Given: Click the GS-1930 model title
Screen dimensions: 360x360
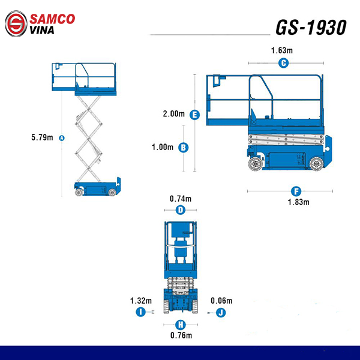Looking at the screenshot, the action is click(311, 28).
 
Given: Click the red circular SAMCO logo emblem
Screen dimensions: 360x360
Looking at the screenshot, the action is click(16, 23).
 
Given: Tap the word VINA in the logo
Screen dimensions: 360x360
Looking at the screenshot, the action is click(42, 30).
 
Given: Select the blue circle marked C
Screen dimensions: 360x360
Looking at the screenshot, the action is click(284, 63).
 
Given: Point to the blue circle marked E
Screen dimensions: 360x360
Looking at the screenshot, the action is click(194, 115).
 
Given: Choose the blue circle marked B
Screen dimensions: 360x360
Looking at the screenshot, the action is click(184, 148).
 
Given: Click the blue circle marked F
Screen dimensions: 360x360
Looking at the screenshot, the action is click(296, 191).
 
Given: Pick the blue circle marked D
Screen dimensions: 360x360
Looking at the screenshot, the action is click(181, 210).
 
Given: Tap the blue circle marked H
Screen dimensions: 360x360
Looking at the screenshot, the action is click(181, 325).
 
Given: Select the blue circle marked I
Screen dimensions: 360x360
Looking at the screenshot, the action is click(141, 312).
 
